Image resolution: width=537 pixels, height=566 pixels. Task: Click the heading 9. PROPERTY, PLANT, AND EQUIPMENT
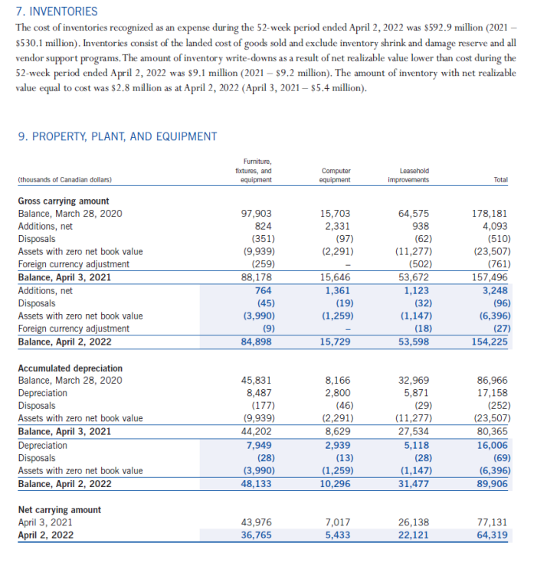click(117, 136)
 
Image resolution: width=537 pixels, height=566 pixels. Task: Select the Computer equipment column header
click(336, 175)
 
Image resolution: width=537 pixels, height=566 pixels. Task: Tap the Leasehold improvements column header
click(414, 175)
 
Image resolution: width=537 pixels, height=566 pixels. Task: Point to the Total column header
click(500, 180)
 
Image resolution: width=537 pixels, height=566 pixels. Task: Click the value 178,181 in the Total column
click(490, 214)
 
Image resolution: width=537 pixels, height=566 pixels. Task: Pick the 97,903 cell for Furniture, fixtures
click(256, 214)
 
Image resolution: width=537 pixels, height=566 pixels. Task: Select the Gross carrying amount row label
click(63, 201)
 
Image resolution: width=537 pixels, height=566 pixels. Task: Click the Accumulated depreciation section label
click(70, 368)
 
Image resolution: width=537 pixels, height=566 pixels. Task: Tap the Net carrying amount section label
click(59, 510)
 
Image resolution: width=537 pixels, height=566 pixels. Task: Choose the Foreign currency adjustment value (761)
click(493, 265)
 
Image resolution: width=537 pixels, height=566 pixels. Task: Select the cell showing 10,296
click(338, 484)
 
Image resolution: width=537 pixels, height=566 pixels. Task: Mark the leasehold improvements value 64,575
click(414, 214)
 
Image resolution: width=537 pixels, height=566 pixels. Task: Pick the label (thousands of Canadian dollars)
click(64, 180)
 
